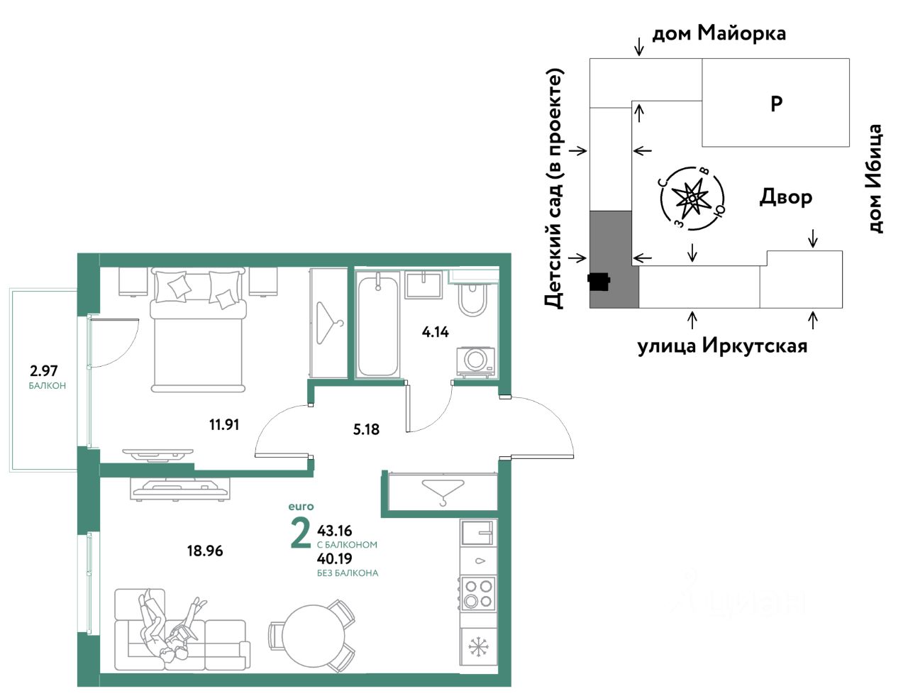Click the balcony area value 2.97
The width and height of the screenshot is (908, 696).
point(43,370)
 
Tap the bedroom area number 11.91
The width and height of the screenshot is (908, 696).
point(224,425)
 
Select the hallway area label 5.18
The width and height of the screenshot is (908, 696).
point(366,429)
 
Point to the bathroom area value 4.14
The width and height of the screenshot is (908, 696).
point(436,332)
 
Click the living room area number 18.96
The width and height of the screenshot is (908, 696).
point(205,551)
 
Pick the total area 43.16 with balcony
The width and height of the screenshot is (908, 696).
point(334,531)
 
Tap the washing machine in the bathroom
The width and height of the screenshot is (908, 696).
point(475,362)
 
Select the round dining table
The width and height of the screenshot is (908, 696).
point(314,636)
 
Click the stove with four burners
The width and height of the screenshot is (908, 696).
point(478,594)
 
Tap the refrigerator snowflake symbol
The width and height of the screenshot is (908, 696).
point(478,647)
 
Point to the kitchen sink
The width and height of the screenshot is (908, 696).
point(479,532)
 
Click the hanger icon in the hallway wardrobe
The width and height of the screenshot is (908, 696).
point(443,492)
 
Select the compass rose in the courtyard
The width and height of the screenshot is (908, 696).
point(692,198)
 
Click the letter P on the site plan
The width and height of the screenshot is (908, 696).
point(776,103)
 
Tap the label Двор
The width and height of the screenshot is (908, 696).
point(785,197)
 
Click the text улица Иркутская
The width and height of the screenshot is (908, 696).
point(722,346)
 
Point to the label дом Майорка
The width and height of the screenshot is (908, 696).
point(719,33)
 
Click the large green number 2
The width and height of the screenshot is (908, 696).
point(301,535)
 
